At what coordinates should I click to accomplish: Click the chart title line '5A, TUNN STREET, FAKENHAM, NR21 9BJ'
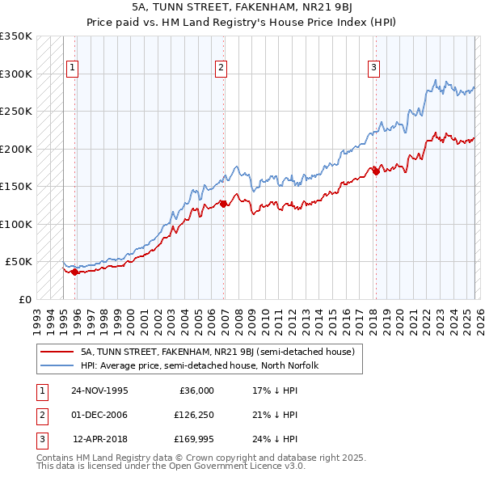(242, 6)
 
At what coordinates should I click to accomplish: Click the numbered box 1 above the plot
(73, 69)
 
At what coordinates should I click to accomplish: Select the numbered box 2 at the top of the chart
(221, 69)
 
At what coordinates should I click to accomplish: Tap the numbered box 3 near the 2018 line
(374, 69)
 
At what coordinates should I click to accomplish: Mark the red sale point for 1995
(75, 272)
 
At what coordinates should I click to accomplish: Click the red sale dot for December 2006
(224, 205)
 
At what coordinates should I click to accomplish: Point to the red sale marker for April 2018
(376, 171)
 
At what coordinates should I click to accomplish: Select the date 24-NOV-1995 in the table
(99, 390)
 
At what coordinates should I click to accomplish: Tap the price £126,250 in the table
(193, 415)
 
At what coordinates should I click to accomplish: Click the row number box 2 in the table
(40, 415)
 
